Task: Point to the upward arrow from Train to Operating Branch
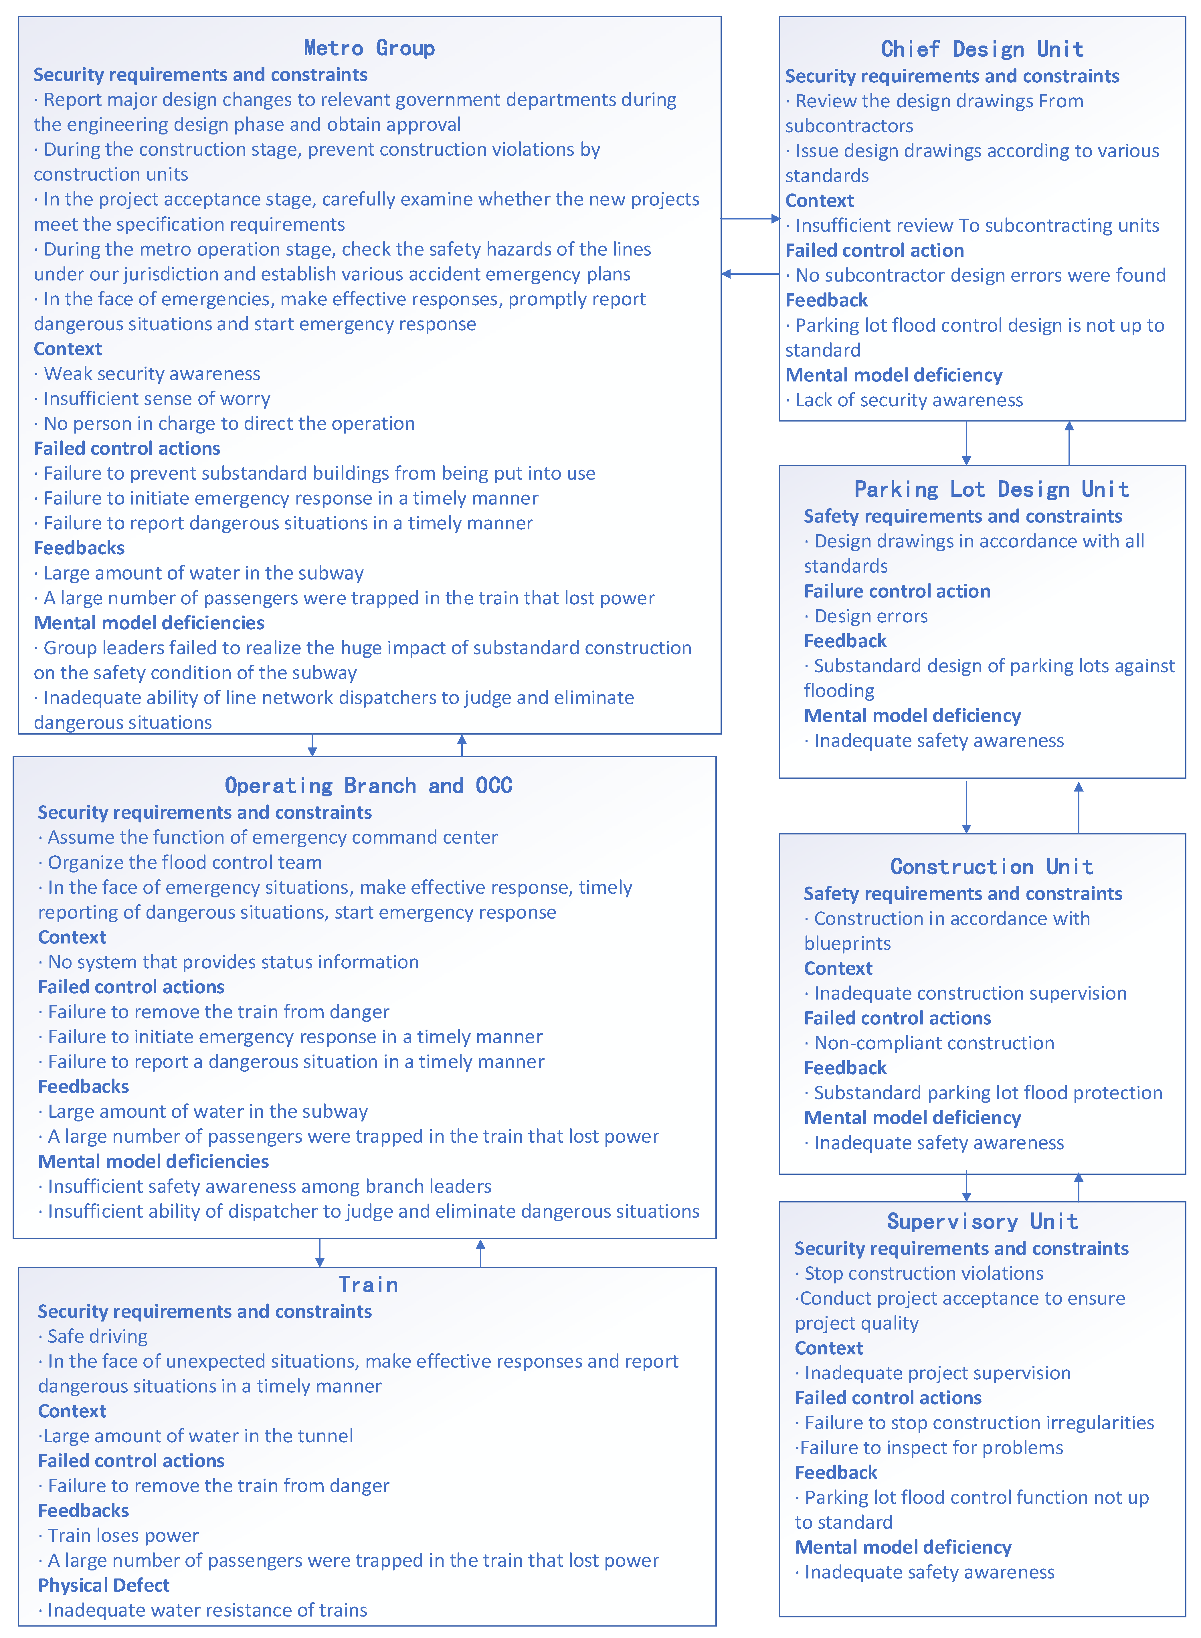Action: coord(480,1253)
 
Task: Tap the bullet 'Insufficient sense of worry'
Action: coord(156,398)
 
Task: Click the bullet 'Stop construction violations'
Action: coord(923,1273)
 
